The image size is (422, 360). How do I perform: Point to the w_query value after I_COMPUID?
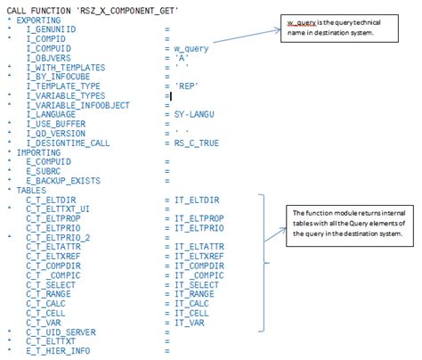(192, 47)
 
